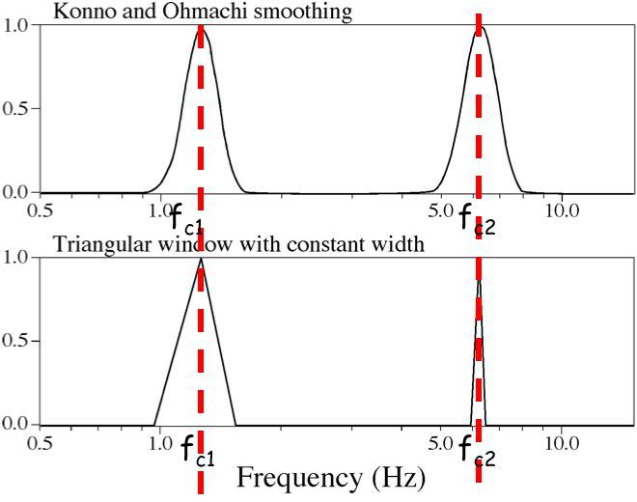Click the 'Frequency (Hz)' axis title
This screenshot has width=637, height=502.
[x=318, y=477]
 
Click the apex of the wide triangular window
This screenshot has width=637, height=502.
[x=200, y=259]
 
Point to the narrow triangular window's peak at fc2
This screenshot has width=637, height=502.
[x=479, y=278]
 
